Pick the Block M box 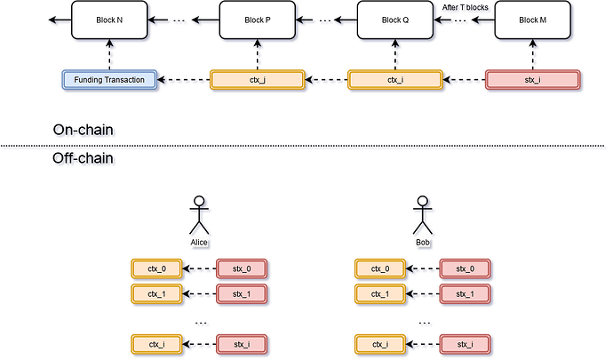point(531,20)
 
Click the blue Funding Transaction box point(110,80)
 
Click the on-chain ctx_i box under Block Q point(394,80)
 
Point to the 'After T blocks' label point(465,7)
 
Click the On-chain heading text point(85,131)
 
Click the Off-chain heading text point(85,158)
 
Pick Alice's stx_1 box point(242,292)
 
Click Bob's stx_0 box point(466,268)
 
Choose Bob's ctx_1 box point(380,292)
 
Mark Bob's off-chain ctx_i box point(380,343)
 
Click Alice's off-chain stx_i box point(242,343)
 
